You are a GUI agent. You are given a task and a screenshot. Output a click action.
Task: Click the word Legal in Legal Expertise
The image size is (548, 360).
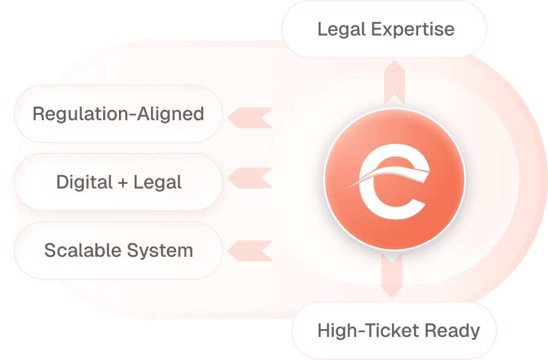pos(338,29)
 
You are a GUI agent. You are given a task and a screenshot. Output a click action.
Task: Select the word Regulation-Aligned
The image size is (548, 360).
pos(118,114)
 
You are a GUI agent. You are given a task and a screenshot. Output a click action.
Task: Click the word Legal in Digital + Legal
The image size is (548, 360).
pos(157,182)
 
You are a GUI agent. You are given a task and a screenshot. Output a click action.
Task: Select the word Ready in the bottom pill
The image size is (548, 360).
pos(452,331)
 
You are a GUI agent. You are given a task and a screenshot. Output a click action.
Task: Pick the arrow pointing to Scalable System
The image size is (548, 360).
pos(249,249)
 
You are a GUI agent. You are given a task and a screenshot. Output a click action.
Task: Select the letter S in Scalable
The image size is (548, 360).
pos(50,250)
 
